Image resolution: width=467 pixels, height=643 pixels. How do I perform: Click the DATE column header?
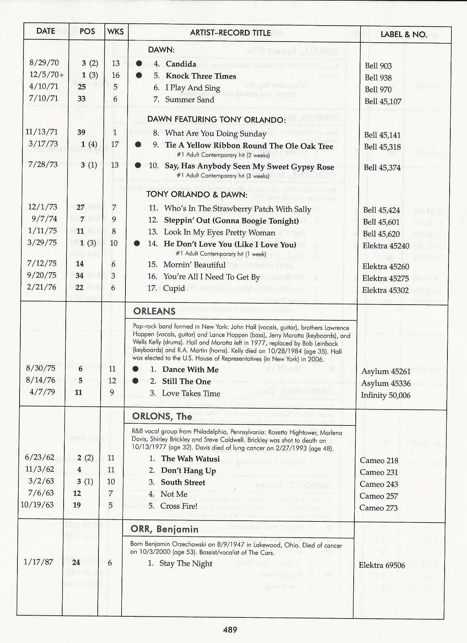tap(45, 31)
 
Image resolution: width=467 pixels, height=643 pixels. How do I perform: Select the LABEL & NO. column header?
tap(404, 34)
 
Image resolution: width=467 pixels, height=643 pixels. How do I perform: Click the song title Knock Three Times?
tap(201, 76)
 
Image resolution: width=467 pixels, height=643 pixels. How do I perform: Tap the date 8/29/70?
tap(44, 63)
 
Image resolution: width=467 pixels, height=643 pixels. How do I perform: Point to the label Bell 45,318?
tap(382, 147)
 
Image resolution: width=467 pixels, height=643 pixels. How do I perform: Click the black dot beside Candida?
tap(139, 64)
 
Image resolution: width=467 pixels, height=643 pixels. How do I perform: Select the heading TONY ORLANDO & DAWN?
tap(197, 194)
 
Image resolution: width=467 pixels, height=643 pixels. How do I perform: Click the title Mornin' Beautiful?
tap(194, 265)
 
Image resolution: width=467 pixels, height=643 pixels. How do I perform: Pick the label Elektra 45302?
tap(385, 290)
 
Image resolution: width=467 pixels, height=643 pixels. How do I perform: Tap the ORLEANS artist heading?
tap(154, 311)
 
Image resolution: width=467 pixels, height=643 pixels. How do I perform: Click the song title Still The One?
tap(186, 381)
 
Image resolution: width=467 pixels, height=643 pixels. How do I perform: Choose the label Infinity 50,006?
tap(385, 395)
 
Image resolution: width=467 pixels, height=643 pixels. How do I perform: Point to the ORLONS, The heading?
tap(162, 416)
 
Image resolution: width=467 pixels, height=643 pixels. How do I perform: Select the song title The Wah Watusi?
tap(190, 459)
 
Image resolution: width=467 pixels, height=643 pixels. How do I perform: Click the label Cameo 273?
tap(378, 508)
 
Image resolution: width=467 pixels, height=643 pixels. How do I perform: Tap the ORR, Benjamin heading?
tap(164, 529)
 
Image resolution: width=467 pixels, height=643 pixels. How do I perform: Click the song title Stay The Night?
tap(186, 563)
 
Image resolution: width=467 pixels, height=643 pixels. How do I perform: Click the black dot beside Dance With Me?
tap(135, 369)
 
